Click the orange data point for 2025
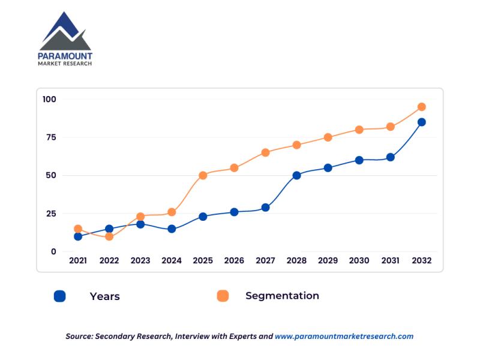coord(203,175)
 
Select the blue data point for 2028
coord(296,175)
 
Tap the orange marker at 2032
coord(421,107)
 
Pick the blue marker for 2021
coord(78,236)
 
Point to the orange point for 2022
coord(109,236)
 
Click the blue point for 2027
coord(265,208)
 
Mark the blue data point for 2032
coord(421,122)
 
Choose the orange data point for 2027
coord(265,152)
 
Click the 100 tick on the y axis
coord(49,99)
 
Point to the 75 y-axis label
coord(50,137)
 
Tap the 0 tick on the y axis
coord(53,252)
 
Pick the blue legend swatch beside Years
coord(59,296)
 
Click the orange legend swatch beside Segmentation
coord(223,296)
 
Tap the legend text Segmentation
coord(282,296)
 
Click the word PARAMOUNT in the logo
coord(65,56)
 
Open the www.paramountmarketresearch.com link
coord(344,337)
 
